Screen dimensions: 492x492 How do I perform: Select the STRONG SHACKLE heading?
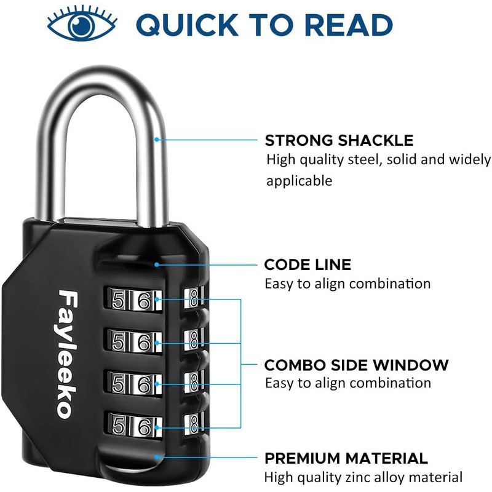(x=339, y=140)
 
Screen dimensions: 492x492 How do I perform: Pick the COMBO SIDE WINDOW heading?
(x=356, y=365)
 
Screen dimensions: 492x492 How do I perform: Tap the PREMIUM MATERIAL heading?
(x=346, y=458)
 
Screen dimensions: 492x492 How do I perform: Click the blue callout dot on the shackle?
(x=157, y=140)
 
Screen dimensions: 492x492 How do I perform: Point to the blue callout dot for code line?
(x=157, y=265)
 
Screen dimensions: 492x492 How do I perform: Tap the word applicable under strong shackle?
(x=299, y=181)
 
